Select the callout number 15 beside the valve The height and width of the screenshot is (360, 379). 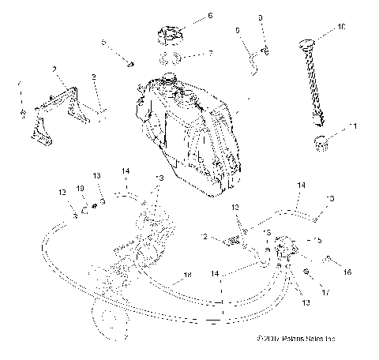[318, 241]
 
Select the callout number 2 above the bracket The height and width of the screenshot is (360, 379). [54, 70]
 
